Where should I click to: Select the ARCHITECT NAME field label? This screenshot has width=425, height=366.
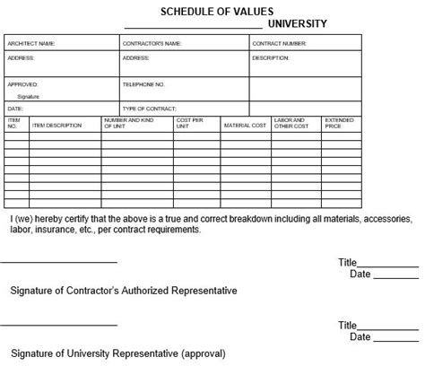point(31,42)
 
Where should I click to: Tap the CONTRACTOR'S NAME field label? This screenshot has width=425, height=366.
point(152,42)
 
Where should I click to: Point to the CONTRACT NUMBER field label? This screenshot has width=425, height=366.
point(281,42)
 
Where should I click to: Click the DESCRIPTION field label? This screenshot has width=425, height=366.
point(271,57)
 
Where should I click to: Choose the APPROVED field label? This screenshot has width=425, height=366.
point(22,83)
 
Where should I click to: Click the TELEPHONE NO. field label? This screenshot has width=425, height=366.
point(143,83)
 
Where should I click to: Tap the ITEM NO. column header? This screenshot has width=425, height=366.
point(14,123)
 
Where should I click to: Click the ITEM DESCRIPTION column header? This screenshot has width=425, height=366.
point(56,126)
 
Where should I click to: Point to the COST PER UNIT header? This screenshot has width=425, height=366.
point(190,123)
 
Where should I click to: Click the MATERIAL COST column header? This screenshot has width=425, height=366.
point(245,126)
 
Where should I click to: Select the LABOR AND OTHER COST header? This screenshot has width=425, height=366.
point(291,123)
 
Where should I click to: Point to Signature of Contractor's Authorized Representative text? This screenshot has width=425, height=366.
point(123,291)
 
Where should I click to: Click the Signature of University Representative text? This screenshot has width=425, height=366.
point(117,353)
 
